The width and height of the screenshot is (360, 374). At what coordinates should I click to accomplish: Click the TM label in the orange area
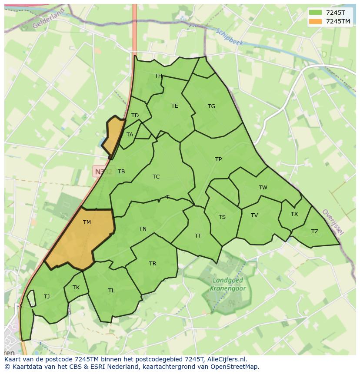(x=87, y=222)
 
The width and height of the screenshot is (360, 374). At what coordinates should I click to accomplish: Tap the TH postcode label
(x=158, y=76)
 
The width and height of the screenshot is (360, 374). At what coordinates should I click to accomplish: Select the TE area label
(x=174, y=106)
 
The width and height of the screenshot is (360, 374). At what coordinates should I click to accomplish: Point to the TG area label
(x=211, y=106)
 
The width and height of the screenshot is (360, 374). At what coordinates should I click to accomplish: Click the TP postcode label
(x=218, y=159)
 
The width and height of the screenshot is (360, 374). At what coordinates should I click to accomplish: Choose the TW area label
(x=263, y=188)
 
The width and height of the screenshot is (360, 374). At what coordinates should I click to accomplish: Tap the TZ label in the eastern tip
(x=314, y=232)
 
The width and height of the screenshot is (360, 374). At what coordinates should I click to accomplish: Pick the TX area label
(x=294, y=214)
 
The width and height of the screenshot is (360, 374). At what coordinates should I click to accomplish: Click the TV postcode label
(x=254, y=215)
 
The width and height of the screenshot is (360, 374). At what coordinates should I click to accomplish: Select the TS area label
(x=222, y=217)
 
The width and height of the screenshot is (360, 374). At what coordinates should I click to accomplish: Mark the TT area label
(x=198, y=236)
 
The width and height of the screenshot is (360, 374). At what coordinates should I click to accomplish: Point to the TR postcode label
(x=153, y=264)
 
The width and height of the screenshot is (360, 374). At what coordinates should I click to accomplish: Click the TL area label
(x=111, y=291)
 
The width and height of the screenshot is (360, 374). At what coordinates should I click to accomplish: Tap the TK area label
(x=76, y=288)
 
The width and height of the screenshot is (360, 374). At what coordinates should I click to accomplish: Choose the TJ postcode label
(x=47, y=297)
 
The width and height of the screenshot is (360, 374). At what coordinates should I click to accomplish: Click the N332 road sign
(x=103, y=172)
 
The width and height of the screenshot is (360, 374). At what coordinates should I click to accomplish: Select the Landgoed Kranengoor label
(x=228, y=285)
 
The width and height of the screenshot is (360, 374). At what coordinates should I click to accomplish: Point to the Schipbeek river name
(x=230, y=38)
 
